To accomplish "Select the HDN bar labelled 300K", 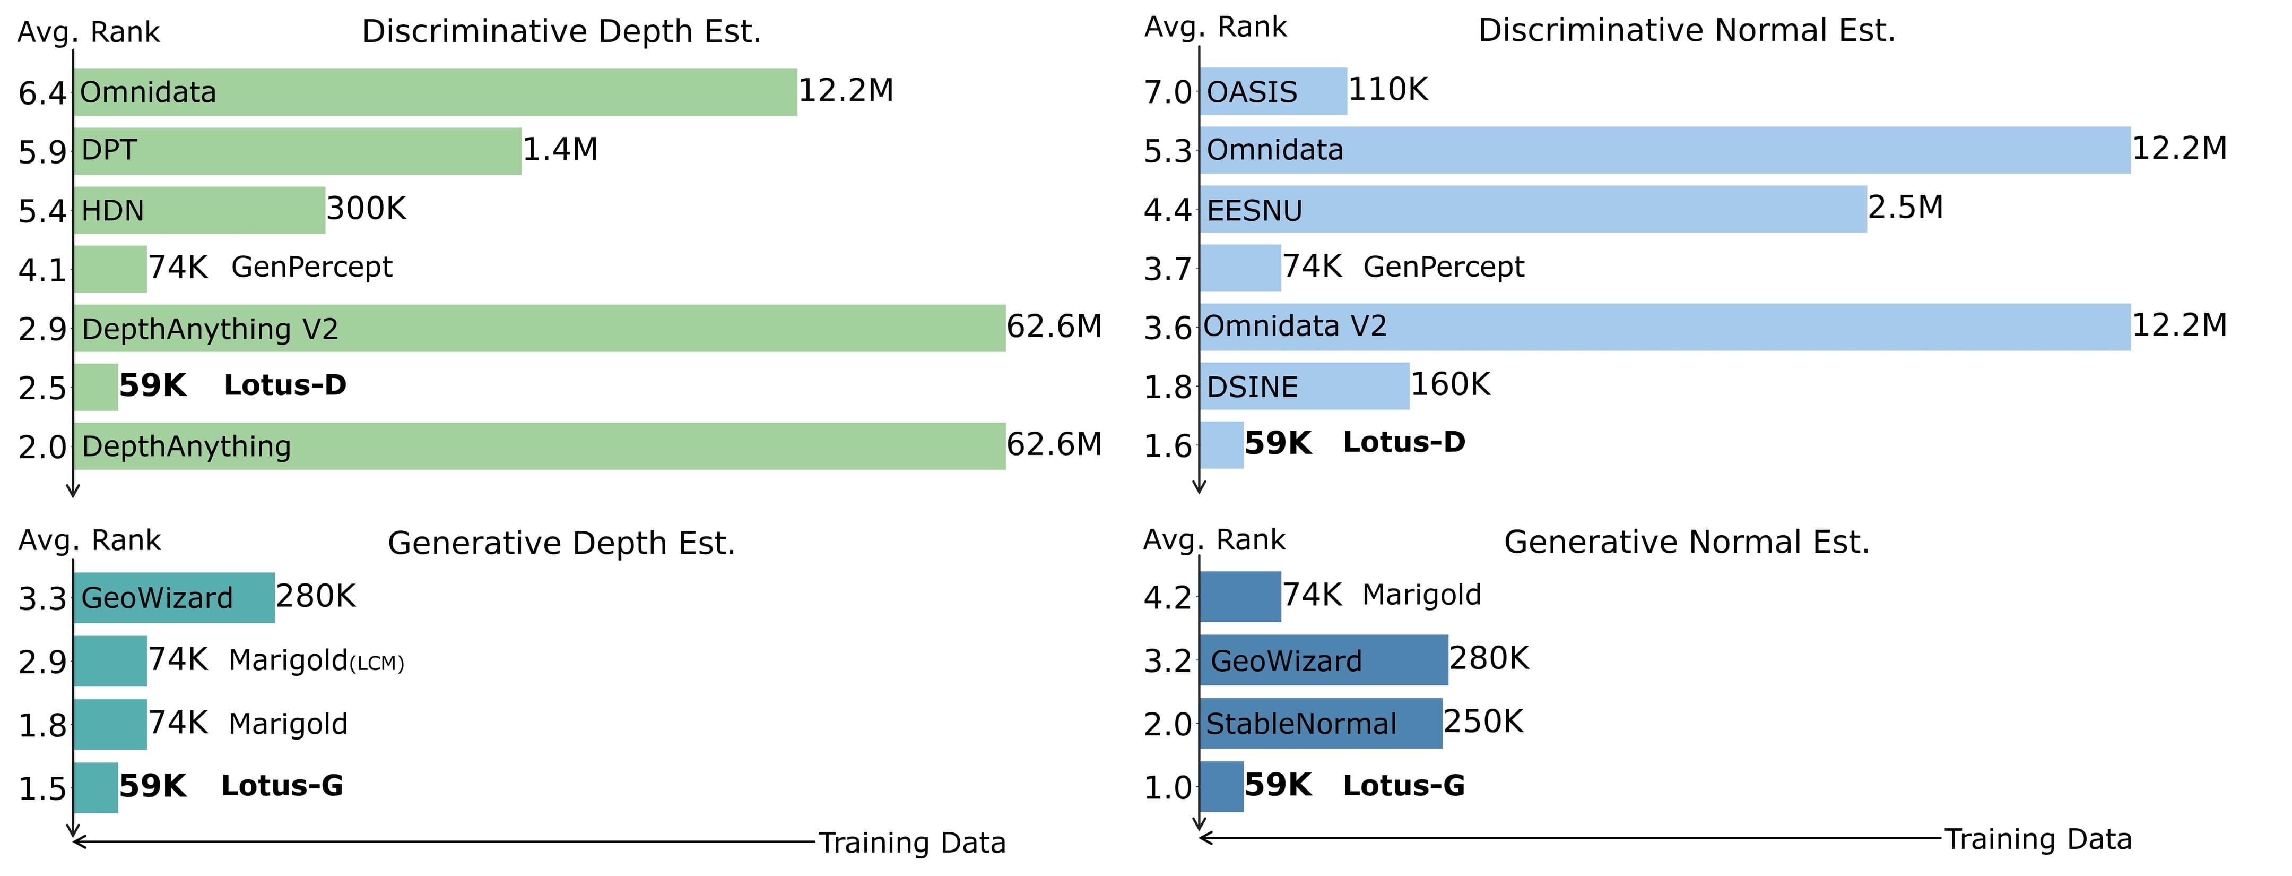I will click(x=199, y=210).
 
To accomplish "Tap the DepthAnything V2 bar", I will click(x=539, y=329).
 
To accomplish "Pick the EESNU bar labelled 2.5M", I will click(x=1532, y=209).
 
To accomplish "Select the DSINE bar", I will click(x=1304, y=387).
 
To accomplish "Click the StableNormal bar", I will click(x=1321, y=724).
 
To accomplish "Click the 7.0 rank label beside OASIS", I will click(x=1167, y=92).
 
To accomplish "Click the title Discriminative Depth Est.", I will click(x=561, y=32).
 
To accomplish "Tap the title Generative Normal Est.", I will click(x=1686, y=542).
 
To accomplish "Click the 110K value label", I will click(x=1388, y=90).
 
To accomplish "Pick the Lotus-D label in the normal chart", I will click(x=1403, y=442).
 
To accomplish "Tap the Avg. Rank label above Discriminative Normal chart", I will click(x=1216, y=28).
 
